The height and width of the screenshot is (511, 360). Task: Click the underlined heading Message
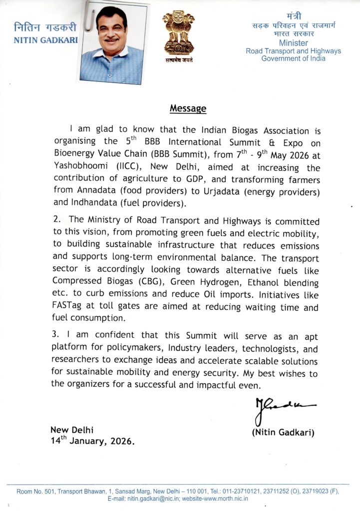pos(188,108)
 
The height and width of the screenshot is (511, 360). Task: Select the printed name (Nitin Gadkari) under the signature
pos(283,432)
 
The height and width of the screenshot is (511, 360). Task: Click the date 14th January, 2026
pos(92,441)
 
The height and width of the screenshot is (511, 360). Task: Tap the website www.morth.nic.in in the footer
pos(225,499)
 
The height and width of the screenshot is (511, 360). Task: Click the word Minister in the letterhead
pos(294,43)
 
